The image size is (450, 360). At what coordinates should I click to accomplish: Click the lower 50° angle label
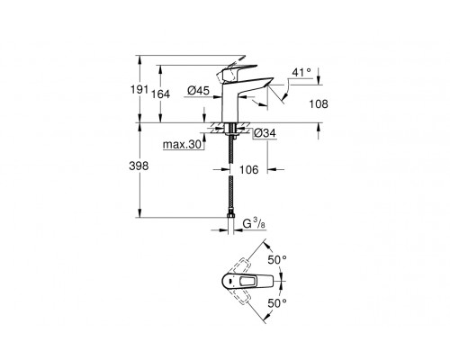(x=279, y=303)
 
